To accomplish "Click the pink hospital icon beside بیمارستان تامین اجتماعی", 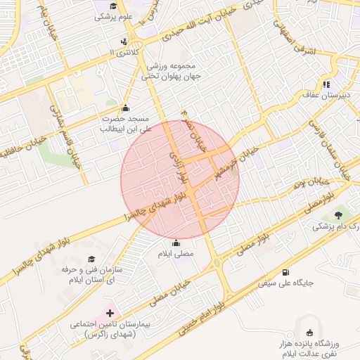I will click(110, 312).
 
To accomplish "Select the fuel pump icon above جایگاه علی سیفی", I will click(285, 273).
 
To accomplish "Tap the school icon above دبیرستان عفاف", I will click(326, 84).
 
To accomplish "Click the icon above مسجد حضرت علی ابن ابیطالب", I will click(126, 108).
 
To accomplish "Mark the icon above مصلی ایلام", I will click(176, 243).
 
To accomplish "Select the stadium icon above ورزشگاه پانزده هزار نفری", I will click(309, 332).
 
